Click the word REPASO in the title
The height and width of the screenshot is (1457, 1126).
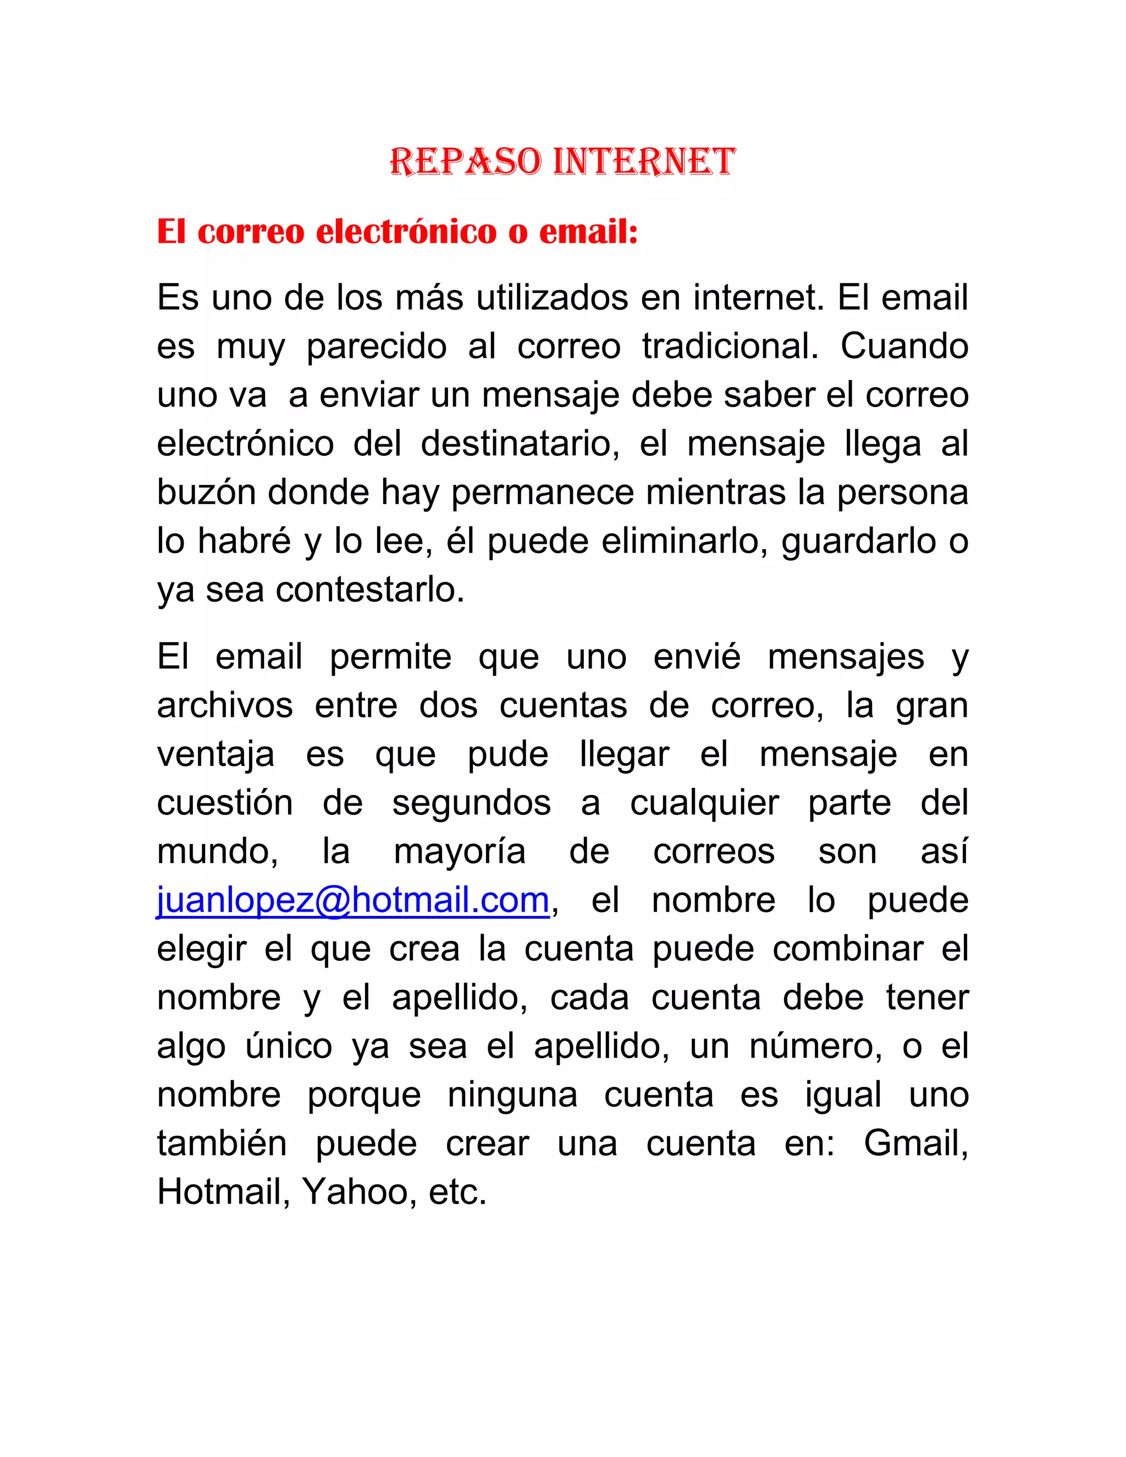(x=465, y=162)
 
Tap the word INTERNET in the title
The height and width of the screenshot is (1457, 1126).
(x=644, y=162)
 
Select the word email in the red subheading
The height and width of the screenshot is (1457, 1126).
(x=587, y=232)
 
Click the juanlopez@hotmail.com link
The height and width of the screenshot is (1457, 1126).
(x=353, y=900)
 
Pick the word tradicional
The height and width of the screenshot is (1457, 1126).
(x=730, y=346)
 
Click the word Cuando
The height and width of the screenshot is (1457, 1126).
(x=904, y=346)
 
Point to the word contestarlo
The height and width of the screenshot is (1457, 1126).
(x=369, y=590)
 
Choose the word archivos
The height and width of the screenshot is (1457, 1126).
(x=225, y=705)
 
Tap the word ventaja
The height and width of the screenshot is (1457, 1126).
(x=216, y=754)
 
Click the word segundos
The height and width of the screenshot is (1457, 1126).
(x=471, y=803)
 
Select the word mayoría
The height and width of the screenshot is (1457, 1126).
(x=460, y=852)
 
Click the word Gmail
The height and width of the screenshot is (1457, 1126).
(x=916, y=1144)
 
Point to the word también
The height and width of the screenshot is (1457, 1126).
(x=222, y=1144)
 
